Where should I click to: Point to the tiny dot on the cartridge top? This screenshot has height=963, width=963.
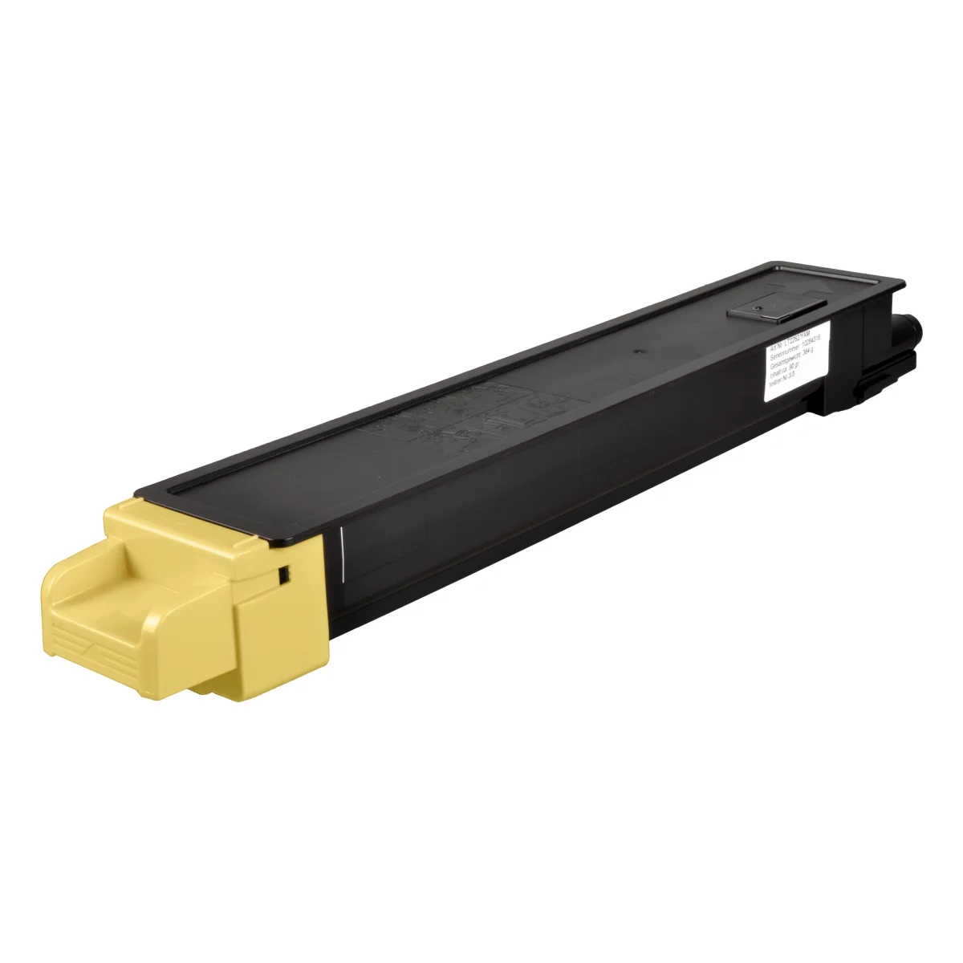pos(635,351)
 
